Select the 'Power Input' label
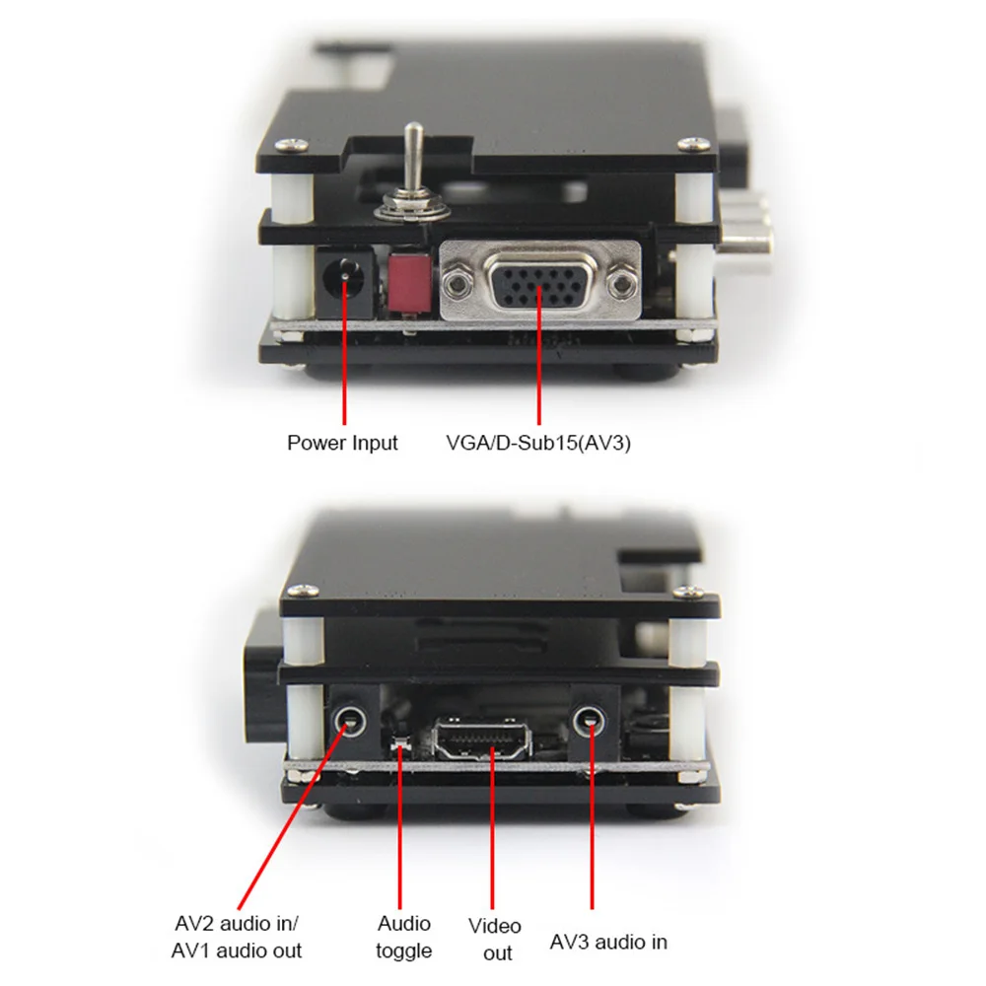tap(342, 443)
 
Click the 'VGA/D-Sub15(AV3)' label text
tap(538, 443)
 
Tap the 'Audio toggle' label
tap(403, 937)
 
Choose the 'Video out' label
tap(495, 939)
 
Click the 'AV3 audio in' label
tap(608, 942)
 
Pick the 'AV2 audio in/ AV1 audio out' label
tap(236, 937)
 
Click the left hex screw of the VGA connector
tap(456, 285)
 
